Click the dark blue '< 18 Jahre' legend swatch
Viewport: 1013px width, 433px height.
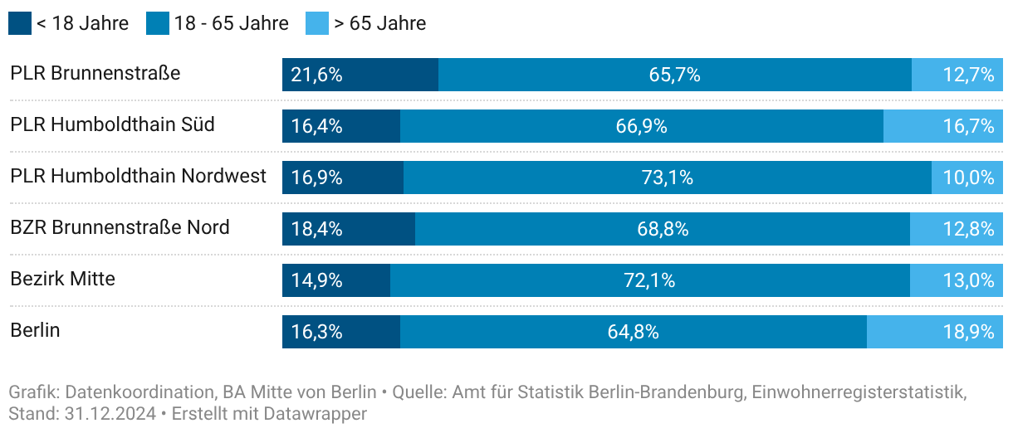20,23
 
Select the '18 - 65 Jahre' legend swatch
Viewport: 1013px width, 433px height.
158,23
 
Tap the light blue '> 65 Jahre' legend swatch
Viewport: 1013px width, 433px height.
317,23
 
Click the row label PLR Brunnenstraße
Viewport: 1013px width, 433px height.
95,73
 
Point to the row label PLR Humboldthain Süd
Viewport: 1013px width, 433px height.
112,124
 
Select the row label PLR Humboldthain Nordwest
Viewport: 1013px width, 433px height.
139,176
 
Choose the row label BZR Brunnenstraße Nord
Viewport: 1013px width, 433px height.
120,227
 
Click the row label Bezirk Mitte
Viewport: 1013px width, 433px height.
62,279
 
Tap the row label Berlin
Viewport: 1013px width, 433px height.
35,330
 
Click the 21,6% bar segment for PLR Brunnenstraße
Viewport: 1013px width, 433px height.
360,75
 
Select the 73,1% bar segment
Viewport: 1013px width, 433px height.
668,178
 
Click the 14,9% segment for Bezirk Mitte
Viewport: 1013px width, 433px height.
336,280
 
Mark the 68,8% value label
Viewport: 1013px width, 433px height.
663,229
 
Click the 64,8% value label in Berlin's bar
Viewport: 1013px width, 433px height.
634,332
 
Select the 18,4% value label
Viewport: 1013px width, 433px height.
317,229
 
